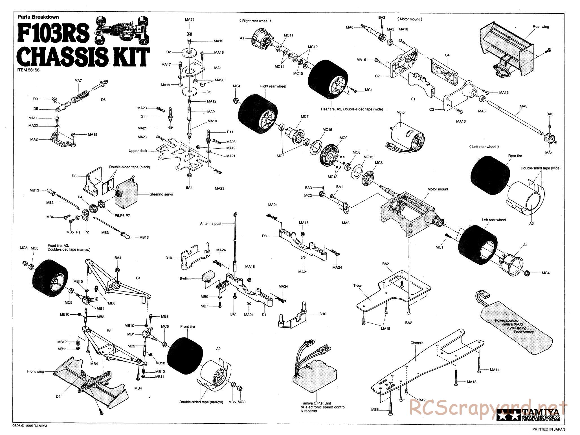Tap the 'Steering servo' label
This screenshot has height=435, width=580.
161,194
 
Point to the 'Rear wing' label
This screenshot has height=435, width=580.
541,27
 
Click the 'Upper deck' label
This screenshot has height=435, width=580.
138,151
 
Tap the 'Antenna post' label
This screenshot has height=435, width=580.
211,224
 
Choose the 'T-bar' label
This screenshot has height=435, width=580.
357,286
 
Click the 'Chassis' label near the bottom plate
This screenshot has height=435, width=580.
417,343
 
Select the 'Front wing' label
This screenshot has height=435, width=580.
36,371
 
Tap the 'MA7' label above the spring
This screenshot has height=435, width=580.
78,81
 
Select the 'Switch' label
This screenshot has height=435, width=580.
185,279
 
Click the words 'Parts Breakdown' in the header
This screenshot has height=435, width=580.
38,17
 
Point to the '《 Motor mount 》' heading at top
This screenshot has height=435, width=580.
410,19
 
